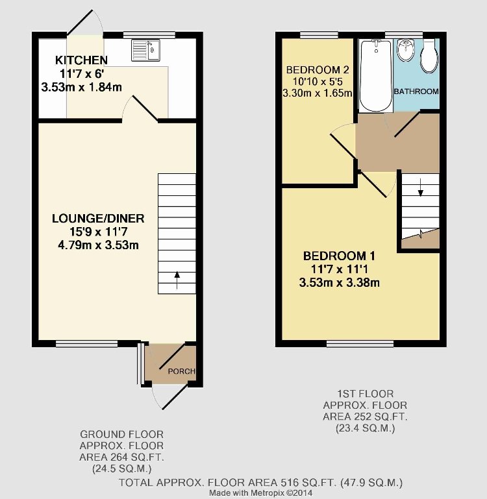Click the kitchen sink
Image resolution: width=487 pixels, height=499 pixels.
145,50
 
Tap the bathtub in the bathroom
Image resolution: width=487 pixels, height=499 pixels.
376,75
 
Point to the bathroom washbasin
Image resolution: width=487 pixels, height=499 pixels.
406,50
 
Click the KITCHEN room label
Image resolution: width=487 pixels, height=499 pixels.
81,60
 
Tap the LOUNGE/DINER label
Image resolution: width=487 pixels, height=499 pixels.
98,218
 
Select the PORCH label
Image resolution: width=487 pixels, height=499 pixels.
182,371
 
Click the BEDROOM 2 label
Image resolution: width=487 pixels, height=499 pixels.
318,69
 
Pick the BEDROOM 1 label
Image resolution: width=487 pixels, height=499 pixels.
339,256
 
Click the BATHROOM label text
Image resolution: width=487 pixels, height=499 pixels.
416,91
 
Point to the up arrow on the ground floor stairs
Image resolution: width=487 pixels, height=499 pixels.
177,280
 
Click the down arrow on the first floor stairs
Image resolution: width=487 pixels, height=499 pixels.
420,188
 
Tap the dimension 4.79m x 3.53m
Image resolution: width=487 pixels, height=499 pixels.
98,245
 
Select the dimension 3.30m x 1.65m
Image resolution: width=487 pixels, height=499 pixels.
318,93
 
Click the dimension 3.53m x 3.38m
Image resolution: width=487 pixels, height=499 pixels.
339,283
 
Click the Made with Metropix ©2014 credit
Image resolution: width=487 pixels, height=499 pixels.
260,493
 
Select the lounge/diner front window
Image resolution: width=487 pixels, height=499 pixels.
87,344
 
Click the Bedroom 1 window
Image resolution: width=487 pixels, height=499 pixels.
360,344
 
